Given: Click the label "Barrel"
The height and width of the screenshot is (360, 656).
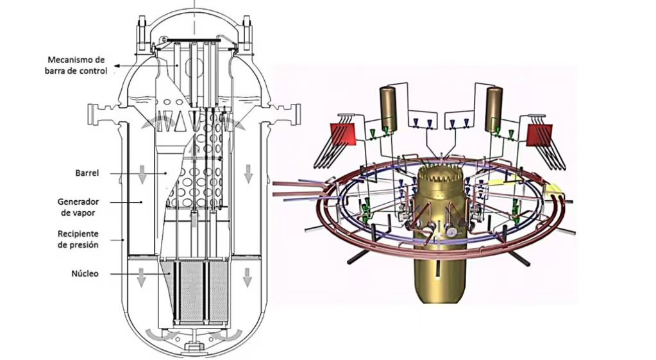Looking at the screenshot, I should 86,173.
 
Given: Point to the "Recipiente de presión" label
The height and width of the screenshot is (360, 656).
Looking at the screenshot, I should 78,239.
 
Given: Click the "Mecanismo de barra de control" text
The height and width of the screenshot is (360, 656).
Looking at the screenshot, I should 78,65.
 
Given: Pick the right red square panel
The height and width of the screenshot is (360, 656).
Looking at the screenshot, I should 539,137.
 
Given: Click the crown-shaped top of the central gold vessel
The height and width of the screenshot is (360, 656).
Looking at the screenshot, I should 440,173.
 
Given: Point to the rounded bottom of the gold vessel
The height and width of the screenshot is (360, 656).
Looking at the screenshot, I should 441,292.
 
